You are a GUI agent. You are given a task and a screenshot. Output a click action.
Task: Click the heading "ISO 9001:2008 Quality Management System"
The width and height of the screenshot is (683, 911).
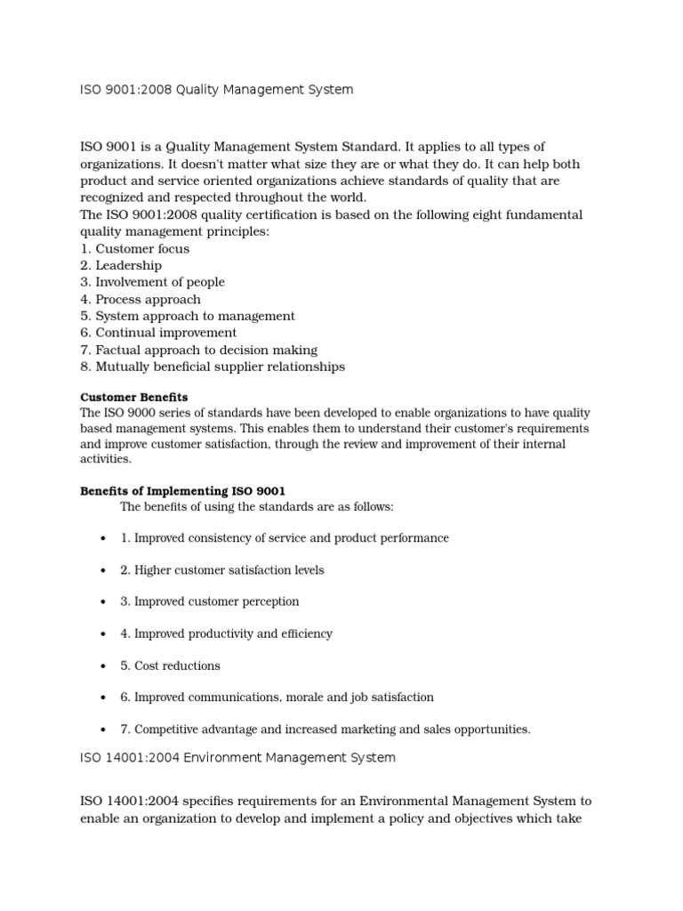click(216, 89)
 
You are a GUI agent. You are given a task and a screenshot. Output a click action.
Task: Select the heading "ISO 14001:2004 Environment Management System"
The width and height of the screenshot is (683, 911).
click(237, 758)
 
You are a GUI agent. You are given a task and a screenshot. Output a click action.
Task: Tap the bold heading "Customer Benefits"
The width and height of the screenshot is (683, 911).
click(134, 397)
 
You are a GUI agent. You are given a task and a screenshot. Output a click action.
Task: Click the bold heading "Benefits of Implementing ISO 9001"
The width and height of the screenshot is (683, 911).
click(183, 490)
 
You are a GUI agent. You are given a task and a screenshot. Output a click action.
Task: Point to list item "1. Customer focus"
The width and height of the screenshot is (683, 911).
click(134, 249)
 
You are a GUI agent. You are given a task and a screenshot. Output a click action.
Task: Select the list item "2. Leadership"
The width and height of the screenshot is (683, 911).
click(121, 265)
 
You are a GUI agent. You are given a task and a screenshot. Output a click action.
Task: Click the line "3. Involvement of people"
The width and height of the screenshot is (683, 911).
click(152, 282)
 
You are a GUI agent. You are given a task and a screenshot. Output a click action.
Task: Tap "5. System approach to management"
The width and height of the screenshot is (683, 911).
click(188, 316)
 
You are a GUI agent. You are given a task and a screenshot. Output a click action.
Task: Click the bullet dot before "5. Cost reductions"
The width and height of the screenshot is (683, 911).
click(104, 666)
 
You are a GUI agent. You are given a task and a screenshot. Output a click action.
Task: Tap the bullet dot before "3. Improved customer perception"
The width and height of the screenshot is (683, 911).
click(104, 602)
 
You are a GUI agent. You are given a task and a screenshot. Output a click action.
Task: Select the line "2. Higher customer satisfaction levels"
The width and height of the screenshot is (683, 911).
click(222, 570)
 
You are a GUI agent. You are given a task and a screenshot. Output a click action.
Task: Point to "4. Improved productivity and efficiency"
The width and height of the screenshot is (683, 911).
click(226, 634)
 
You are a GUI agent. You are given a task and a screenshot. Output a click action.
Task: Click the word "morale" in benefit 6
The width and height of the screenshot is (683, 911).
click(315, 697)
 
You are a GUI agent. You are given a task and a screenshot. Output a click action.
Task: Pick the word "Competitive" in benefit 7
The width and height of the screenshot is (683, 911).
click(164, 730)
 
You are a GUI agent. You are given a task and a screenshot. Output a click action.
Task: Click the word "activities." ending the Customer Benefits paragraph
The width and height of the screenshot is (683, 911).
click(106, 459)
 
